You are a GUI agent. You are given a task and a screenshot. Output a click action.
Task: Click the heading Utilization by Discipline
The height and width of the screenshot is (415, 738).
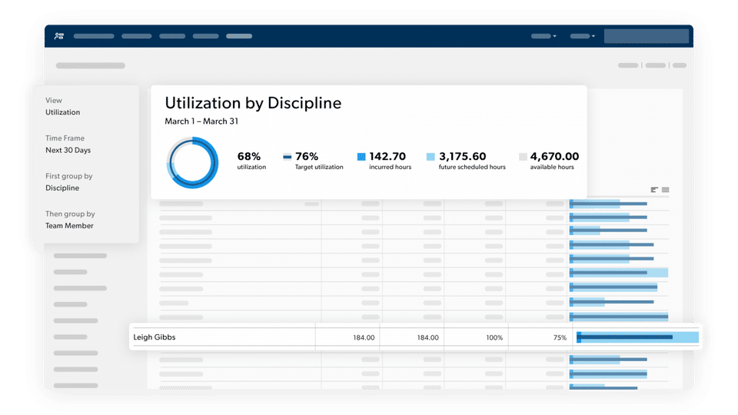(253, 103)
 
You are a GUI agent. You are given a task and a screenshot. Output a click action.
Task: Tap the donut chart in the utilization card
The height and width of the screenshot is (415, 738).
(193, 162)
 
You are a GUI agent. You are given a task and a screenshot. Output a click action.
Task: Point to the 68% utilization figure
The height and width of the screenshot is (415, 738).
(250, 157)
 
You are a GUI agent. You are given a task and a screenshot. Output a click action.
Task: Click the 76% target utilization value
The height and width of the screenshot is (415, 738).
(307, 157)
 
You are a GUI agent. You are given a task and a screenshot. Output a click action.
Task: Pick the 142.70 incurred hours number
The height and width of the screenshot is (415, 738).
(387, 157)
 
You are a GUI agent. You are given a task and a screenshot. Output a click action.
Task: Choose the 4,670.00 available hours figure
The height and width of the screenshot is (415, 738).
(554, 157)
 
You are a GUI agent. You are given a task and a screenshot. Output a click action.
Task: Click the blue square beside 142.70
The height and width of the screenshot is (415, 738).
(361, 157)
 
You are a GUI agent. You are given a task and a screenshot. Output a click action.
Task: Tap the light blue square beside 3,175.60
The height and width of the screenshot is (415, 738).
(430, 157)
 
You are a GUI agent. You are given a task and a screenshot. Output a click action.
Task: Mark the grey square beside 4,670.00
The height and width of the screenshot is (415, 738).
(523, 157)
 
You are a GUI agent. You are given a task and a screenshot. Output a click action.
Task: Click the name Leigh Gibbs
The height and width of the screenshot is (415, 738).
(155, 337)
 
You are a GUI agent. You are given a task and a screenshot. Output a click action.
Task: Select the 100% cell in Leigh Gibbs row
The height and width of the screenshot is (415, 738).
(494, 337)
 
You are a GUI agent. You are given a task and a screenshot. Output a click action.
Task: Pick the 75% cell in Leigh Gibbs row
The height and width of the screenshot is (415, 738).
(560, 337)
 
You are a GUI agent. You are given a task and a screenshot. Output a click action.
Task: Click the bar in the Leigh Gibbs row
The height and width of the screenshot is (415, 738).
(637, 337)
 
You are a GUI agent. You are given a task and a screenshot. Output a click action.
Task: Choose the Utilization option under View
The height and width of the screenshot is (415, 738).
(62, 112)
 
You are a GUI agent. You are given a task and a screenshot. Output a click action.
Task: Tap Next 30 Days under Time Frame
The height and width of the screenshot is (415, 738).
(68, 150)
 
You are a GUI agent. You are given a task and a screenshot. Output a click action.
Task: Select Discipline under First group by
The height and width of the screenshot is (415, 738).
(62, 188)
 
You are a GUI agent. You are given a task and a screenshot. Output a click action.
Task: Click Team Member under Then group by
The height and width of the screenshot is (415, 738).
(69, 226)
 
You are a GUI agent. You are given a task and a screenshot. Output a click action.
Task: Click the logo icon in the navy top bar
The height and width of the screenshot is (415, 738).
(59, 36)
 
